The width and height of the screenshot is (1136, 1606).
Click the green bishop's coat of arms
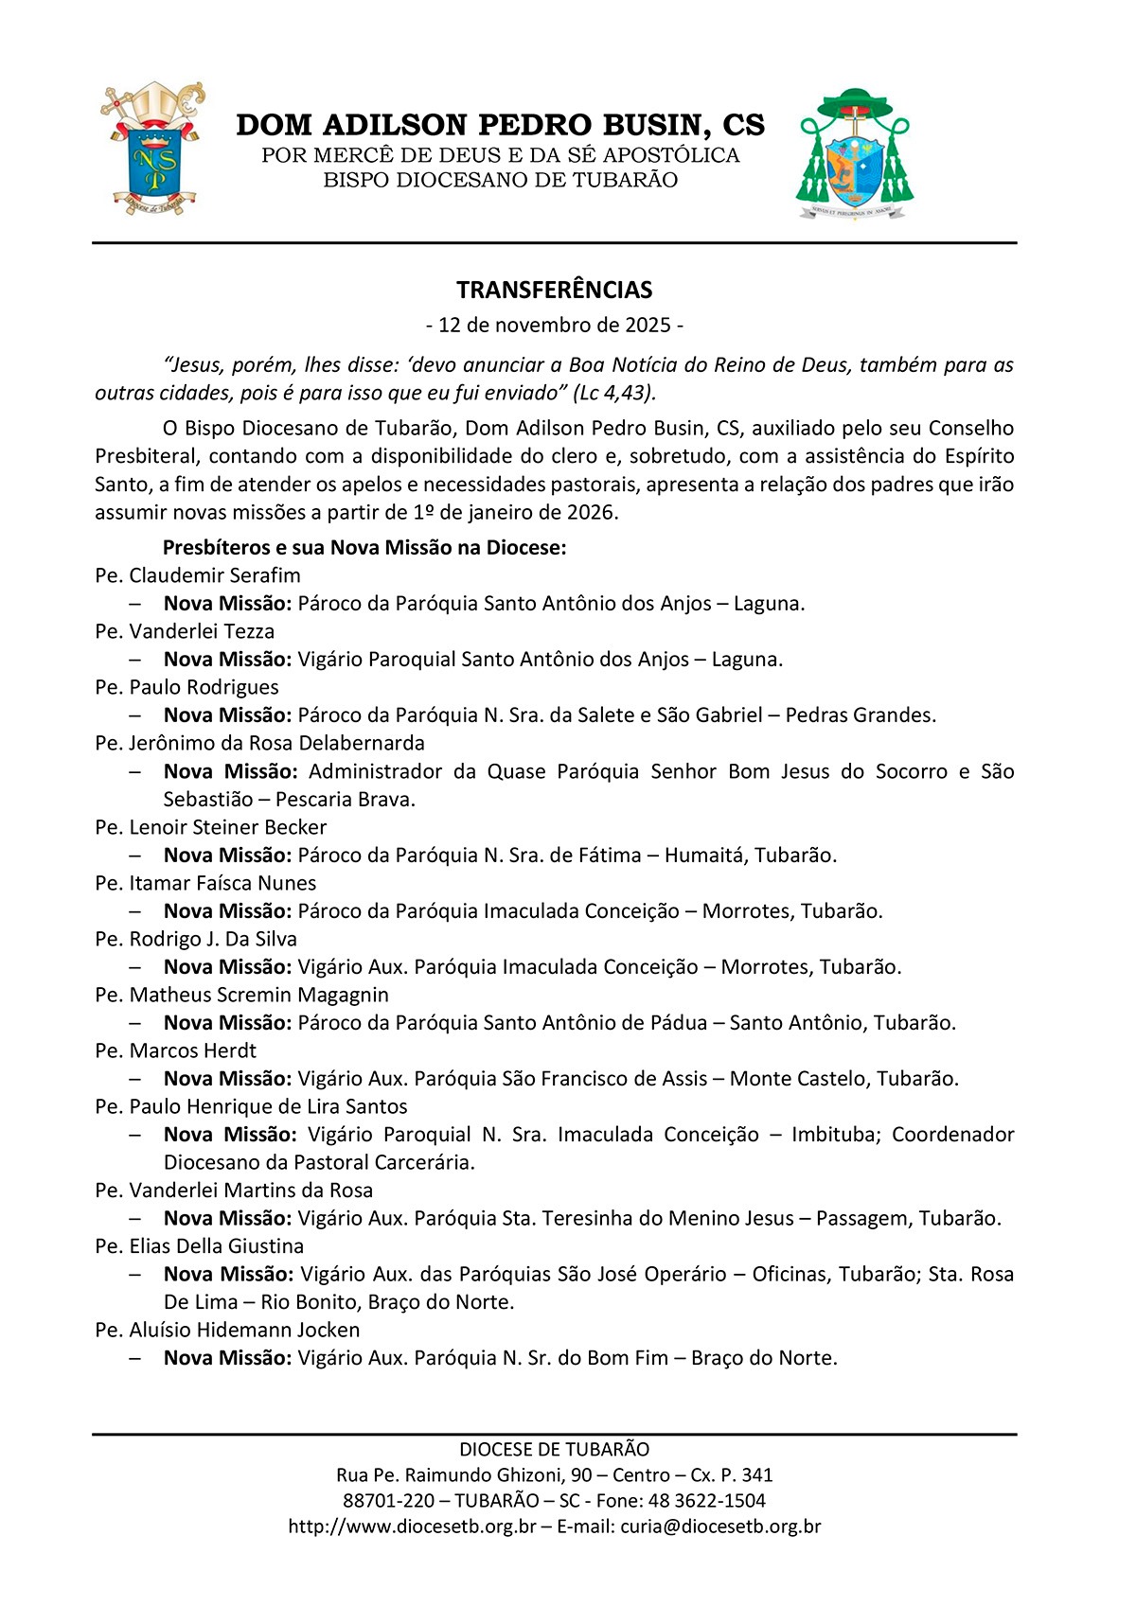coord(855,154)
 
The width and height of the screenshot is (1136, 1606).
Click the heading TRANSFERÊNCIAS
coord(555,290)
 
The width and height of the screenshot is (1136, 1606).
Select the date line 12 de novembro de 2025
coord(555,326)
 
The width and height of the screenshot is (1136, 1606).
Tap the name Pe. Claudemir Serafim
coord(198,575)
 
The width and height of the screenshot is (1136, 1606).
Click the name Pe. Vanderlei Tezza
coord(185,631)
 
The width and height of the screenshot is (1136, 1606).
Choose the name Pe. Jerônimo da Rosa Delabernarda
coord(259,743)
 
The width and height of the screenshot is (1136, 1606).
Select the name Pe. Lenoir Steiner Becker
coord(210,827)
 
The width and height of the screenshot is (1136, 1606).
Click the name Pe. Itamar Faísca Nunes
coord(205,883)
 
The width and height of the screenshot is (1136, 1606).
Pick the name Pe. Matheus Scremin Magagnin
coord(241,995)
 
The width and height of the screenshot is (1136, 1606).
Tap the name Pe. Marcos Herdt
coord(175,1050)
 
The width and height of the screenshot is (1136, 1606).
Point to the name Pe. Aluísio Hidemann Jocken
coord(227,1330)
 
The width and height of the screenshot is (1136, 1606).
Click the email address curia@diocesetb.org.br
coord(720,1527)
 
